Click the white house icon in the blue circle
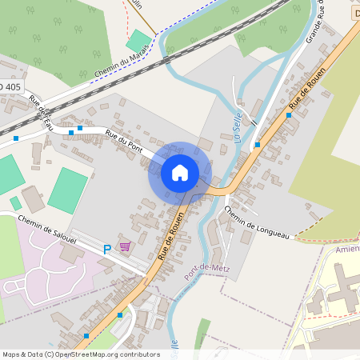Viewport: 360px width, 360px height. click(180, 172)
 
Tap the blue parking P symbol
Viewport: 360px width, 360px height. click(107, 250)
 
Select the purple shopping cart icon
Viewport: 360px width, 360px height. click(125, 246)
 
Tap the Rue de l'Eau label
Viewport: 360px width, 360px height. click(42, 111)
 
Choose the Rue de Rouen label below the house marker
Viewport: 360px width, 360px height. click(171, 237)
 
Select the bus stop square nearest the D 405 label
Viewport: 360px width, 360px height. click(16, 138)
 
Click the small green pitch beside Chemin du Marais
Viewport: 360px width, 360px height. click(138, 41)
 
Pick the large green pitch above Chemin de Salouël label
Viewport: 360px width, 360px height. click(67, 190)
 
